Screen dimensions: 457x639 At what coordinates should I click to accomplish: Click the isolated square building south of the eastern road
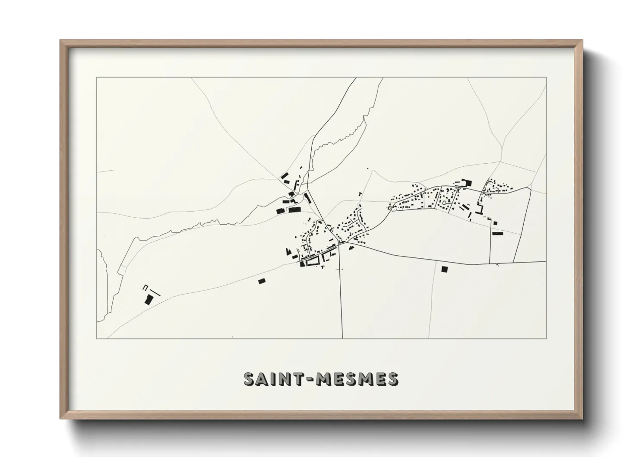coord(444,269)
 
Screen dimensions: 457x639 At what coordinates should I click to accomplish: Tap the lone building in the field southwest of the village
coord(261,281)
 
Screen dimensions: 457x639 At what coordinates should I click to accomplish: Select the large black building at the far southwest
coord(149,299)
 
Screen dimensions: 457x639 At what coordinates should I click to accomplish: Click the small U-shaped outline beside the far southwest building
coord(145,287)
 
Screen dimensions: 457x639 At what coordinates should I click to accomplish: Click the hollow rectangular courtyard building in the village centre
coord(312,261)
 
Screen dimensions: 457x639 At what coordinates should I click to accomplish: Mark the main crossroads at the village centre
coord(339,245)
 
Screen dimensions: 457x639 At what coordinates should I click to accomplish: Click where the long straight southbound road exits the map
coord(342,338)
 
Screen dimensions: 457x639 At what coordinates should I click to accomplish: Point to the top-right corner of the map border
coord(547,77)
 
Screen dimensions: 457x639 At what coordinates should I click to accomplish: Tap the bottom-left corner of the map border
coord(96,338)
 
